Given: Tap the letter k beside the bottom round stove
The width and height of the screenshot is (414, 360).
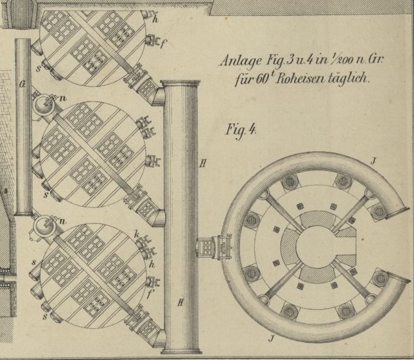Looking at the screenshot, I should click(x=136, y=236).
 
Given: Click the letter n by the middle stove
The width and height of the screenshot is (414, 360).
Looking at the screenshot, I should click(x=63, y=97).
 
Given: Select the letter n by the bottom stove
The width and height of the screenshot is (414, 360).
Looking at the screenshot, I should click(x=63, y=220).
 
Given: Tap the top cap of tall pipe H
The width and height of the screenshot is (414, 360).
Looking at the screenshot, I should click(x=181, y=84).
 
